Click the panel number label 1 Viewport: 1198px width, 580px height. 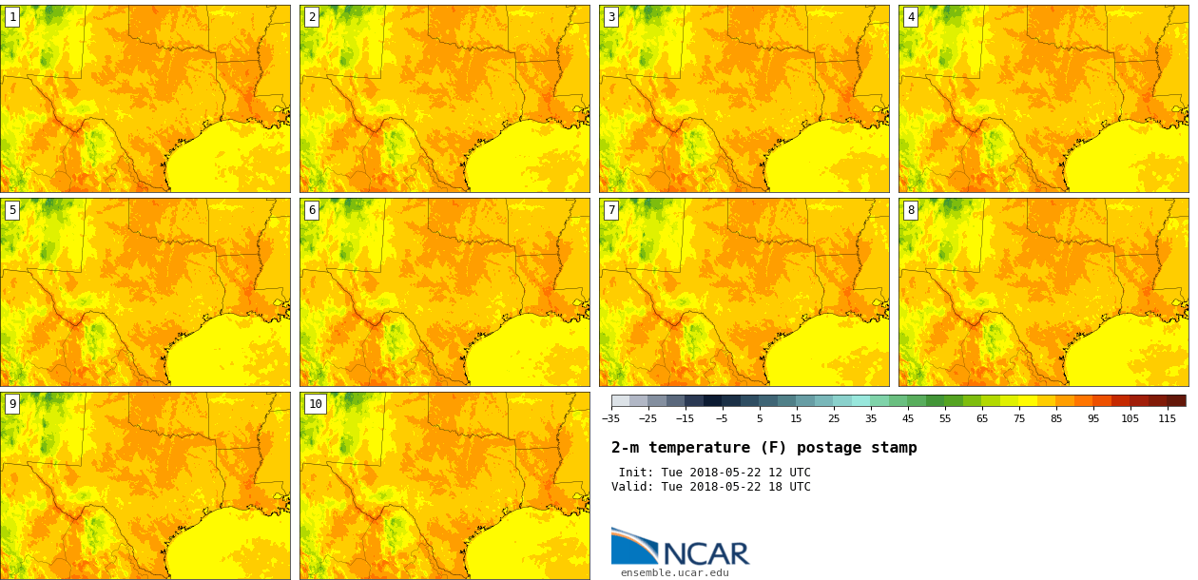[x=12, y=17]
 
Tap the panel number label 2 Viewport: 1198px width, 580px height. [x=312, y=17]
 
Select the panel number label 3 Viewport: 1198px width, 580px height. [x=611, y=17]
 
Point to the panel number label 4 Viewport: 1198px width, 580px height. [x=911, y=17]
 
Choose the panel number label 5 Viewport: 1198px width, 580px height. [x=12, y=210]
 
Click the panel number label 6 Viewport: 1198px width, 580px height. [x=312, y=210]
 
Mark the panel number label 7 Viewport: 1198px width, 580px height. [x=611, y=210]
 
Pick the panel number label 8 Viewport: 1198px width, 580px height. [x=911, y=210]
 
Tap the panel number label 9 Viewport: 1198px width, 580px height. [x=12, y=404]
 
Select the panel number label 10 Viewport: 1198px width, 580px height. [x=316, y=404]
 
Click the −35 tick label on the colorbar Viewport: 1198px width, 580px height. [x=610, y=419]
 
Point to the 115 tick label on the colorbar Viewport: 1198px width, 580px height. [x=1167, y=419]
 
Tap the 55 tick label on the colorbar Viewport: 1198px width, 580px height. [x=945, y=419]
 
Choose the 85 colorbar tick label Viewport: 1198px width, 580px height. [x=1056, y=419]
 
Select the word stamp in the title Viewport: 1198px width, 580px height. [x=894, y=448]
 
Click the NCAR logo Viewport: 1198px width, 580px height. [x=680, y=548]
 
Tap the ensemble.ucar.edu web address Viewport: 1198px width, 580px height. [x=674, y=572]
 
